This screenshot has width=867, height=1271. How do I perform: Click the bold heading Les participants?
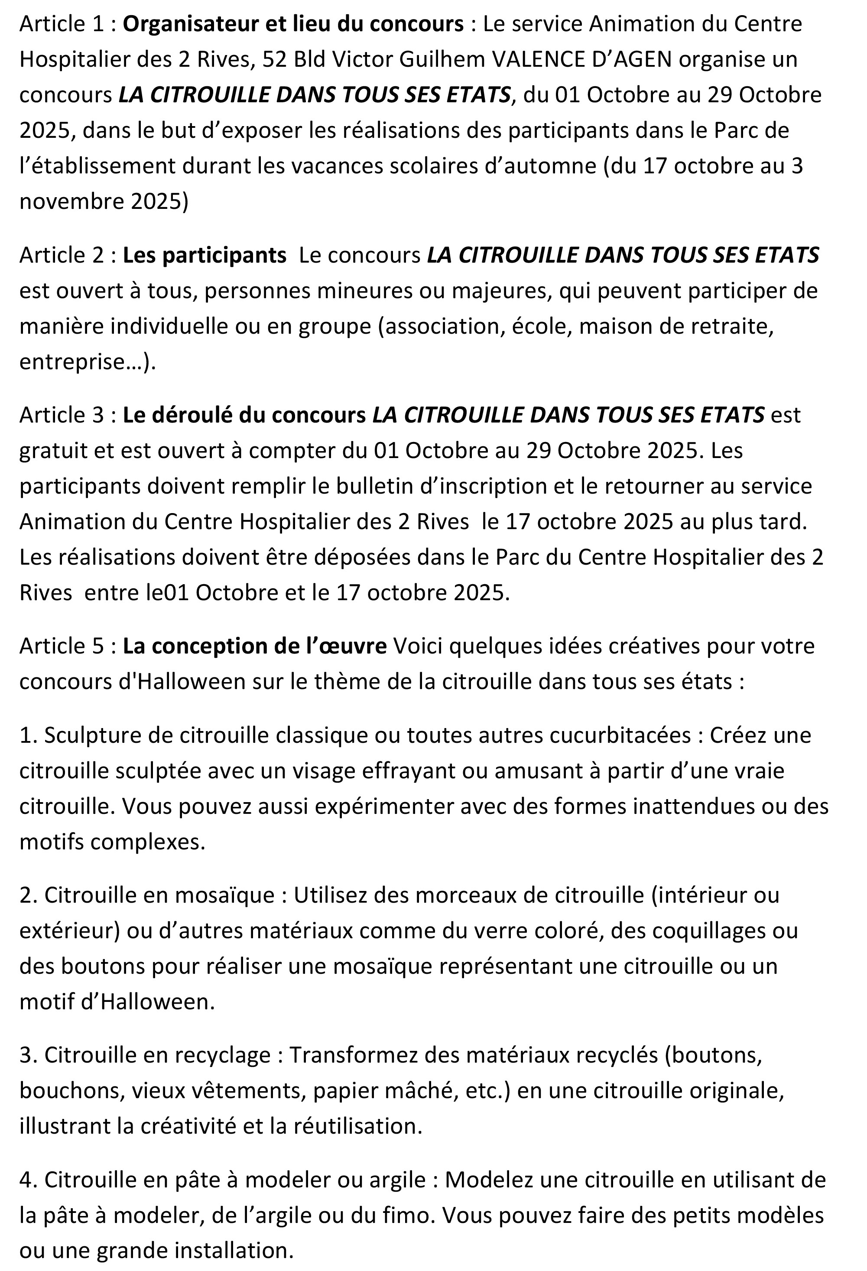[x=205, y=255]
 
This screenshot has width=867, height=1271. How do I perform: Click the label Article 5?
[x=61, y=646]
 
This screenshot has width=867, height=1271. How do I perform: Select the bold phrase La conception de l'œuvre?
[x=255, y=646]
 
